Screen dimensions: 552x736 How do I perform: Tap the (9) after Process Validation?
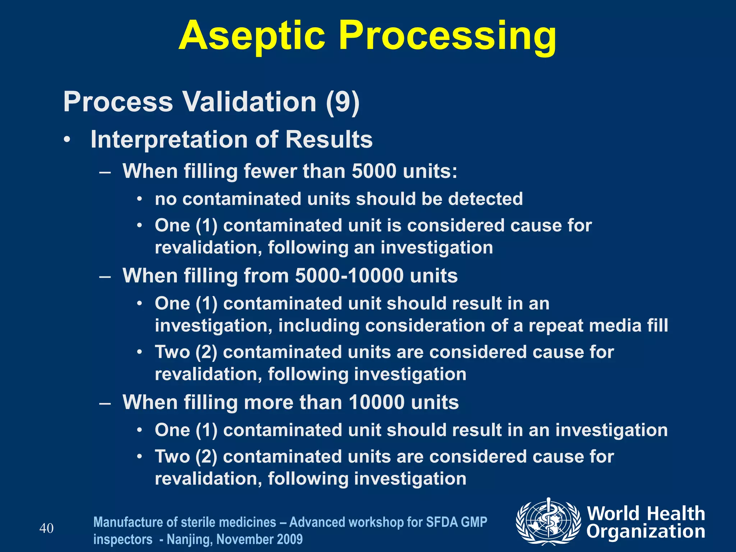[x=342, y=102]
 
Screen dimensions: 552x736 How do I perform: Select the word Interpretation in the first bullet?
[x=169, y=139]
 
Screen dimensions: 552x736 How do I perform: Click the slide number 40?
[x=46, y=529]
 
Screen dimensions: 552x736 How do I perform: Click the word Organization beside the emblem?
[x=646, y=532]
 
